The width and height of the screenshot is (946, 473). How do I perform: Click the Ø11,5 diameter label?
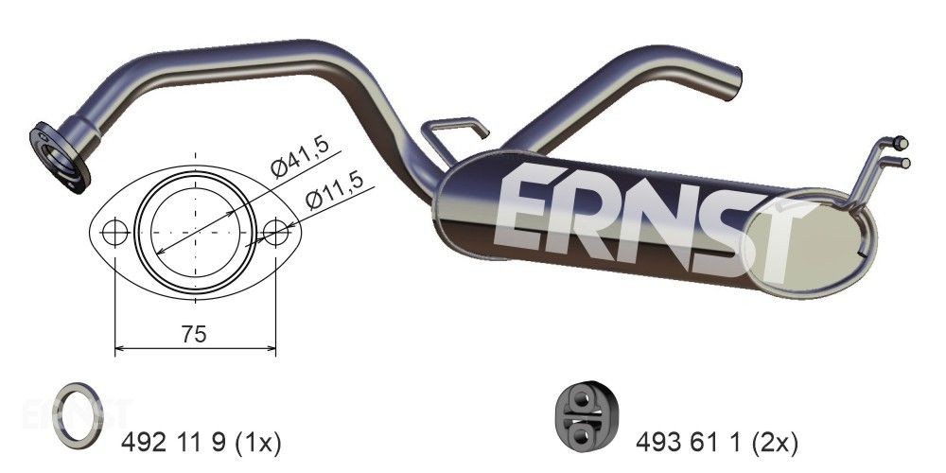333,194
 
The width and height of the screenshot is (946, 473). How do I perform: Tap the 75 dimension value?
194,333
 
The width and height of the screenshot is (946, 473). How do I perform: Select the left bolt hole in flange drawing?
114,232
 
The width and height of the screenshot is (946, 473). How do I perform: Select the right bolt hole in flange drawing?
275,232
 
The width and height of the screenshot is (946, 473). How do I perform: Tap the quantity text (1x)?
255,440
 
